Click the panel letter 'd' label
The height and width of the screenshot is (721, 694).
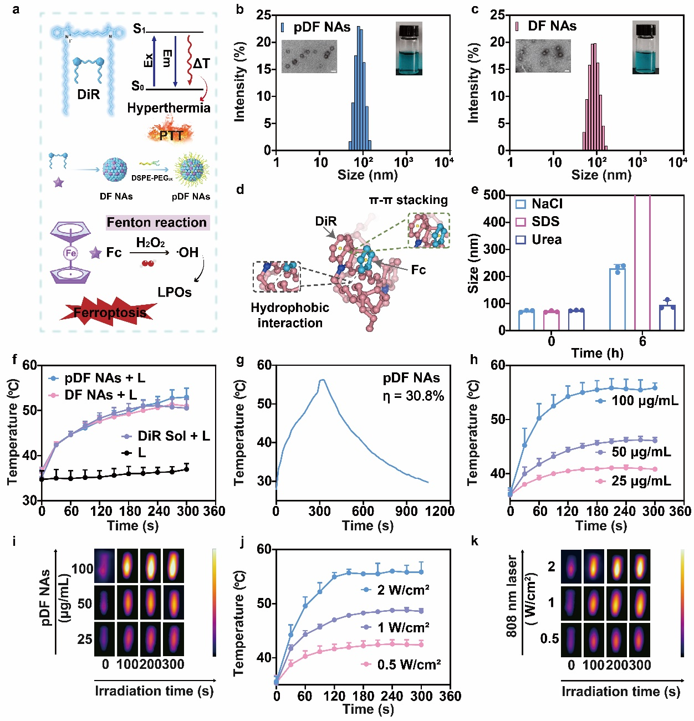240,190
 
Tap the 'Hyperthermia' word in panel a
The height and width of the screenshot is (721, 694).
169,108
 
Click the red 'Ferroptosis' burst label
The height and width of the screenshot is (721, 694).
110,313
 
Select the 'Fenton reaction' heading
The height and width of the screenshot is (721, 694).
157,223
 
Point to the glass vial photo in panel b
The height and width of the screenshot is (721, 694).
409,49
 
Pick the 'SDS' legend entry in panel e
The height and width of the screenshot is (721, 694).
545,222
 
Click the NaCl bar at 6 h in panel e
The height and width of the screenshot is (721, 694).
618,299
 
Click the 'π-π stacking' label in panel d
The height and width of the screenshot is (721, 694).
409,200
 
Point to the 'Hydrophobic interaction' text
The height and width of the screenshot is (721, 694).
290,315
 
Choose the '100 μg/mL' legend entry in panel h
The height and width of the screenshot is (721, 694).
644,401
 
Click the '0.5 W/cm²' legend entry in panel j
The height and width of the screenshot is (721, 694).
409,664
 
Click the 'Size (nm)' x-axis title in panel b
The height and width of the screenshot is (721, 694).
368,175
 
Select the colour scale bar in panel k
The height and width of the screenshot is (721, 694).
682,603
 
